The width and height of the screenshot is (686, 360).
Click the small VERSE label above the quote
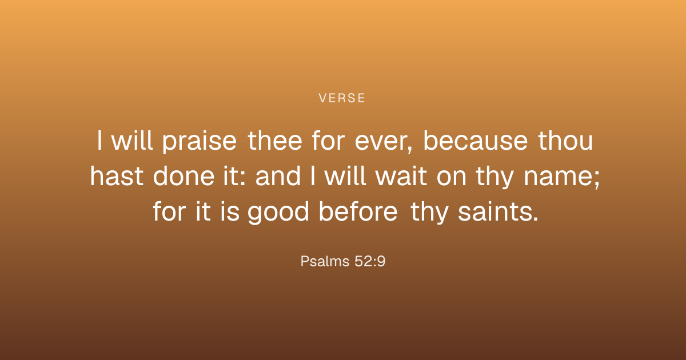click(x=342, y=98)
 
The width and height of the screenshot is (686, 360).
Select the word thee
click(x=275, y=141)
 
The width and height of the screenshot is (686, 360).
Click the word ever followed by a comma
click(x=384, y=142)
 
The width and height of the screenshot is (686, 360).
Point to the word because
click(x=476, y=141)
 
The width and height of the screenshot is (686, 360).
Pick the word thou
click(x=565, y=141)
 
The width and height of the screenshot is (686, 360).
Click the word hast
click(x=117, y=176)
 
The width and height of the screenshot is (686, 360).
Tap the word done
click(x=184, y=176)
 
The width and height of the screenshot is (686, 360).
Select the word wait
click(x=401, y=176)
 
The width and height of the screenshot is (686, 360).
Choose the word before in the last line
click(x=358, y=211)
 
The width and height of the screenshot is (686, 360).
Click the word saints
click(x=498, y=211)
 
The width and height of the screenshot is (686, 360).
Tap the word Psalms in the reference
click(x=325, y=262)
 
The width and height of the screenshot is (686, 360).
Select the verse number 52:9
click(x=370, y=262)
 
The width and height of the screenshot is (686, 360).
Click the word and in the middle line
click(x=278, y=176)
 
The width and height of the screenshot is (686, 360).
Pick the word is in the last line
click(x=230, y=211)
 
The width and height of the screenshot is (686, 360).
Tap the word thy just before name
click(x=494, y=178)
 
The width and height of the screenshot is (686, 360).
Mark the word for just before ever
click(x=328, y=141)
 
